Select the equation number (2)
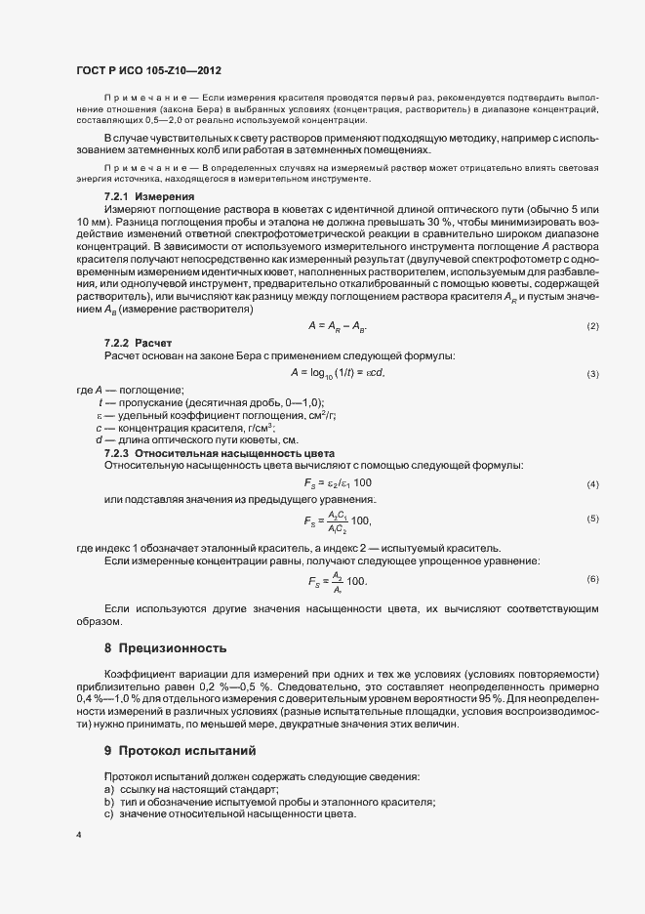pyautogui.click(x=592, y=324)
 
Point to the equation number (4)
pyautogui.click(x=592, y=484)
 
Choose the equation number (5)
pyautogui.click(x=592, y=519)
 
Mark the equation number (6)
pyautogui.click(x=592, y=579)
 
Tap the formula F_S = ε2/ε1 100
pyautogui.click(x=338, y=483)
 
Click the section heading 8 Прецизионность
pyautogui.click(x=164, y=647)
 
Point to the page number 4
pyautogui.click(x=78, y=835)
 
